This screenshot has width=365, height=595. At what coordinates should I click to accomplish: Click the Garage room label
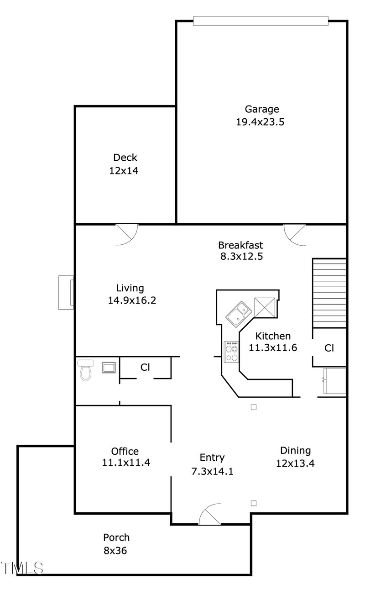(262, 109)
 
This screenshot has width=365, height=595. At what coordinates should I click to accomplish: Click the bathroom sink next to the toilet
(109, 367)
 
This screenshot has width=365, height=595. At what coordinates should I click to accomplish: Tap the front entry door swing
(210, 515)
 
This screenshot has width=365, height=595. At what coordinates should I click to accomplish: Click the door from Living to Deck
(127, 235)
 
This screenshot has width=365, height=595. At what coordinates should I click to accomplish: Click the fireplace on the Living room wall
(67, 292)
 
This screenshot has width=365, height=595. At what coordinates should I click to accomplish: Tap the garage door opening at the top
(261, 21)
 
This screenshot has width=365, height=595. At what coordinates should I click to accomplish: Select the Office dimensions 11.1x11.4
(126, 462)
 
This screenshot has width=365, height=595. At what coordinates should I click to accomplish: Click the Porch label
(116, 537)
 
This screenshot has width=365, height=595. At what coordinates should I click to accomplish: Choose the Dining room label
(295, 451)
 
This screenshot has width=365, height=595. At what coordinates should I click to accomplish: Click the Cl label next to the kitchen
(329, 348)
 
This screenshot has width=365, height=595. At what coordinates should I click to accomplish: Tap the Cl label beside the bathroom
(145, 367)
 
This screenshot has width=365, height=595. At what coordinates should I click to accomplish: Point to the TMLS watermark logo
(22, 568)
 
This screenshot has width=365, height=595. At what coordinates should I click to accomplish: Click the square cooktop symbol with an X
(264, 307)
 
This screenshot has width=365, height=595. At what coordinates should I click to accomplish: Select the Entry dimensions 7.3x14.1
(212, 471)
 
